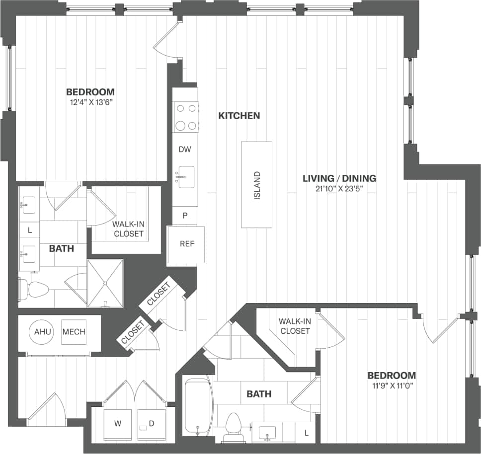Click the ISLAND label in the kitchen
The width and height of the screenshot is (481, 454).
(x=257, y=185)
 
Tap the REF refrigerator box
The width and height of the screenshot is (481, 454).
(x=187, y=244)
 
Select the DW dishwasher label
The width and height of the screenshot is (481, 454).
(x=185, y=149)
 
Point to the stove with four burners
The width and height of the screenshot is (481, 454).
(x=185, y=117)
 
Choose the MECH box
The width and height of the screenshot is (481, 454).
(x=74, y=332)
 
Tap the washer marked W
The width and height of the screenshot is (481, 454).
(x=118, y=424)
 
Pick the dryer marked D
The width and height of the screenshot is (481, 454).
(x=151, y=424)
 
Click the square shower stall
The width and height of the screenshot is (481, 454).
(x=105, y=283)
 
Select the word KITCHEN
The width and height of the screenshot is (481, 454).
(x=239, y=116)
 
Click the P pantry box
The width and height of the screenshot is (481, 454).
(x=185, y=216)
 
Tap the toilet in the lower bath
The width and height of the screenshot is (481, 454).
(x=233, y=427)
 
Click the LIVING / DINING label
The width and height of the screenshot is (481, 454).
(x=339, y=178)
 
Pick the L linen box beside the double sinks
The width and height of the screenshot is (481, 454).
(x=30, y=230)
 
